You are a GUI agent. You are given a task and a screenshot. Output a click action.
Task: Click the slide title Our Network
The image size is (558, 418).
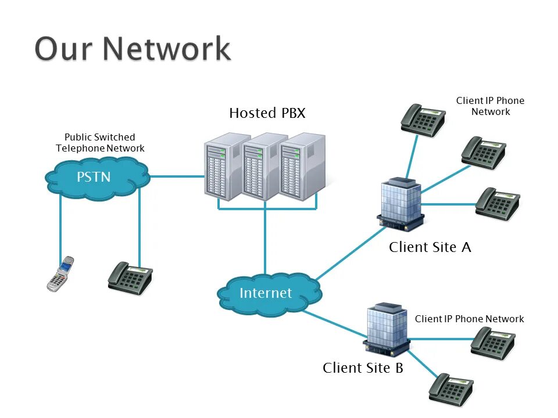[133, 49]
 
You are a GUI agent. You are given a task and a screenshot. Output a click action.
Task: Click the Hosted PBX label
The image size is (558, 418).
[267, 113]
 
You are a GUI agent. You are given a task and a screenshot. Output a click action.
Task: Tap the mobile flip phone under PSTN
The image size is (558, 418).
[60, 273]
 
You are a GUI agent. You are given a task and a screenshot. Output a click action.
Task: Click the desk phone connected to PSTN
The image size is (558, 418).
[130, 278]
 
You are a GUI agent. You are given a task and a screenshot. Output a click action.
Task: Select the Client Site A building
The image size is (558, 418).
[400, 204]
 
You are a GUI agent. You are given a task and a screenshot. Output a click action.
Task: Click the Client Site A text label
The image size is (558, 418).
[430, 247]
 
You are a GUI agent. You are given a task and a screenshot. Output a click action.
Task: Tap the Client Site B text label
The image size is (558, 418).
[363, 368]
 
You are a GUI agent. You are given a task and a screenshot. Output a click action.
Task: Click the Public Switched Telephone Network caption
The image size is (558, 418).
[100, 143]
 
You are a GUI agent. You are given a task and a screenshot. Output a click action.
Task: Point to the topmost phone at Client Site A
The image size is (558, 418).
[423, 120]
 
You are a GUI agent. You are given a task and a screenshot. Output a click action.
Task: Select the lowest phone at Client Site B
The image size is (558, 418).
[451, 389]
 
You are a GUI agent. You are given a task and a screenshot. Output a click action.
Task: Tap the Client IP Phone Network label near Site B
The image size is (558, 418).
[469, 319]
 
